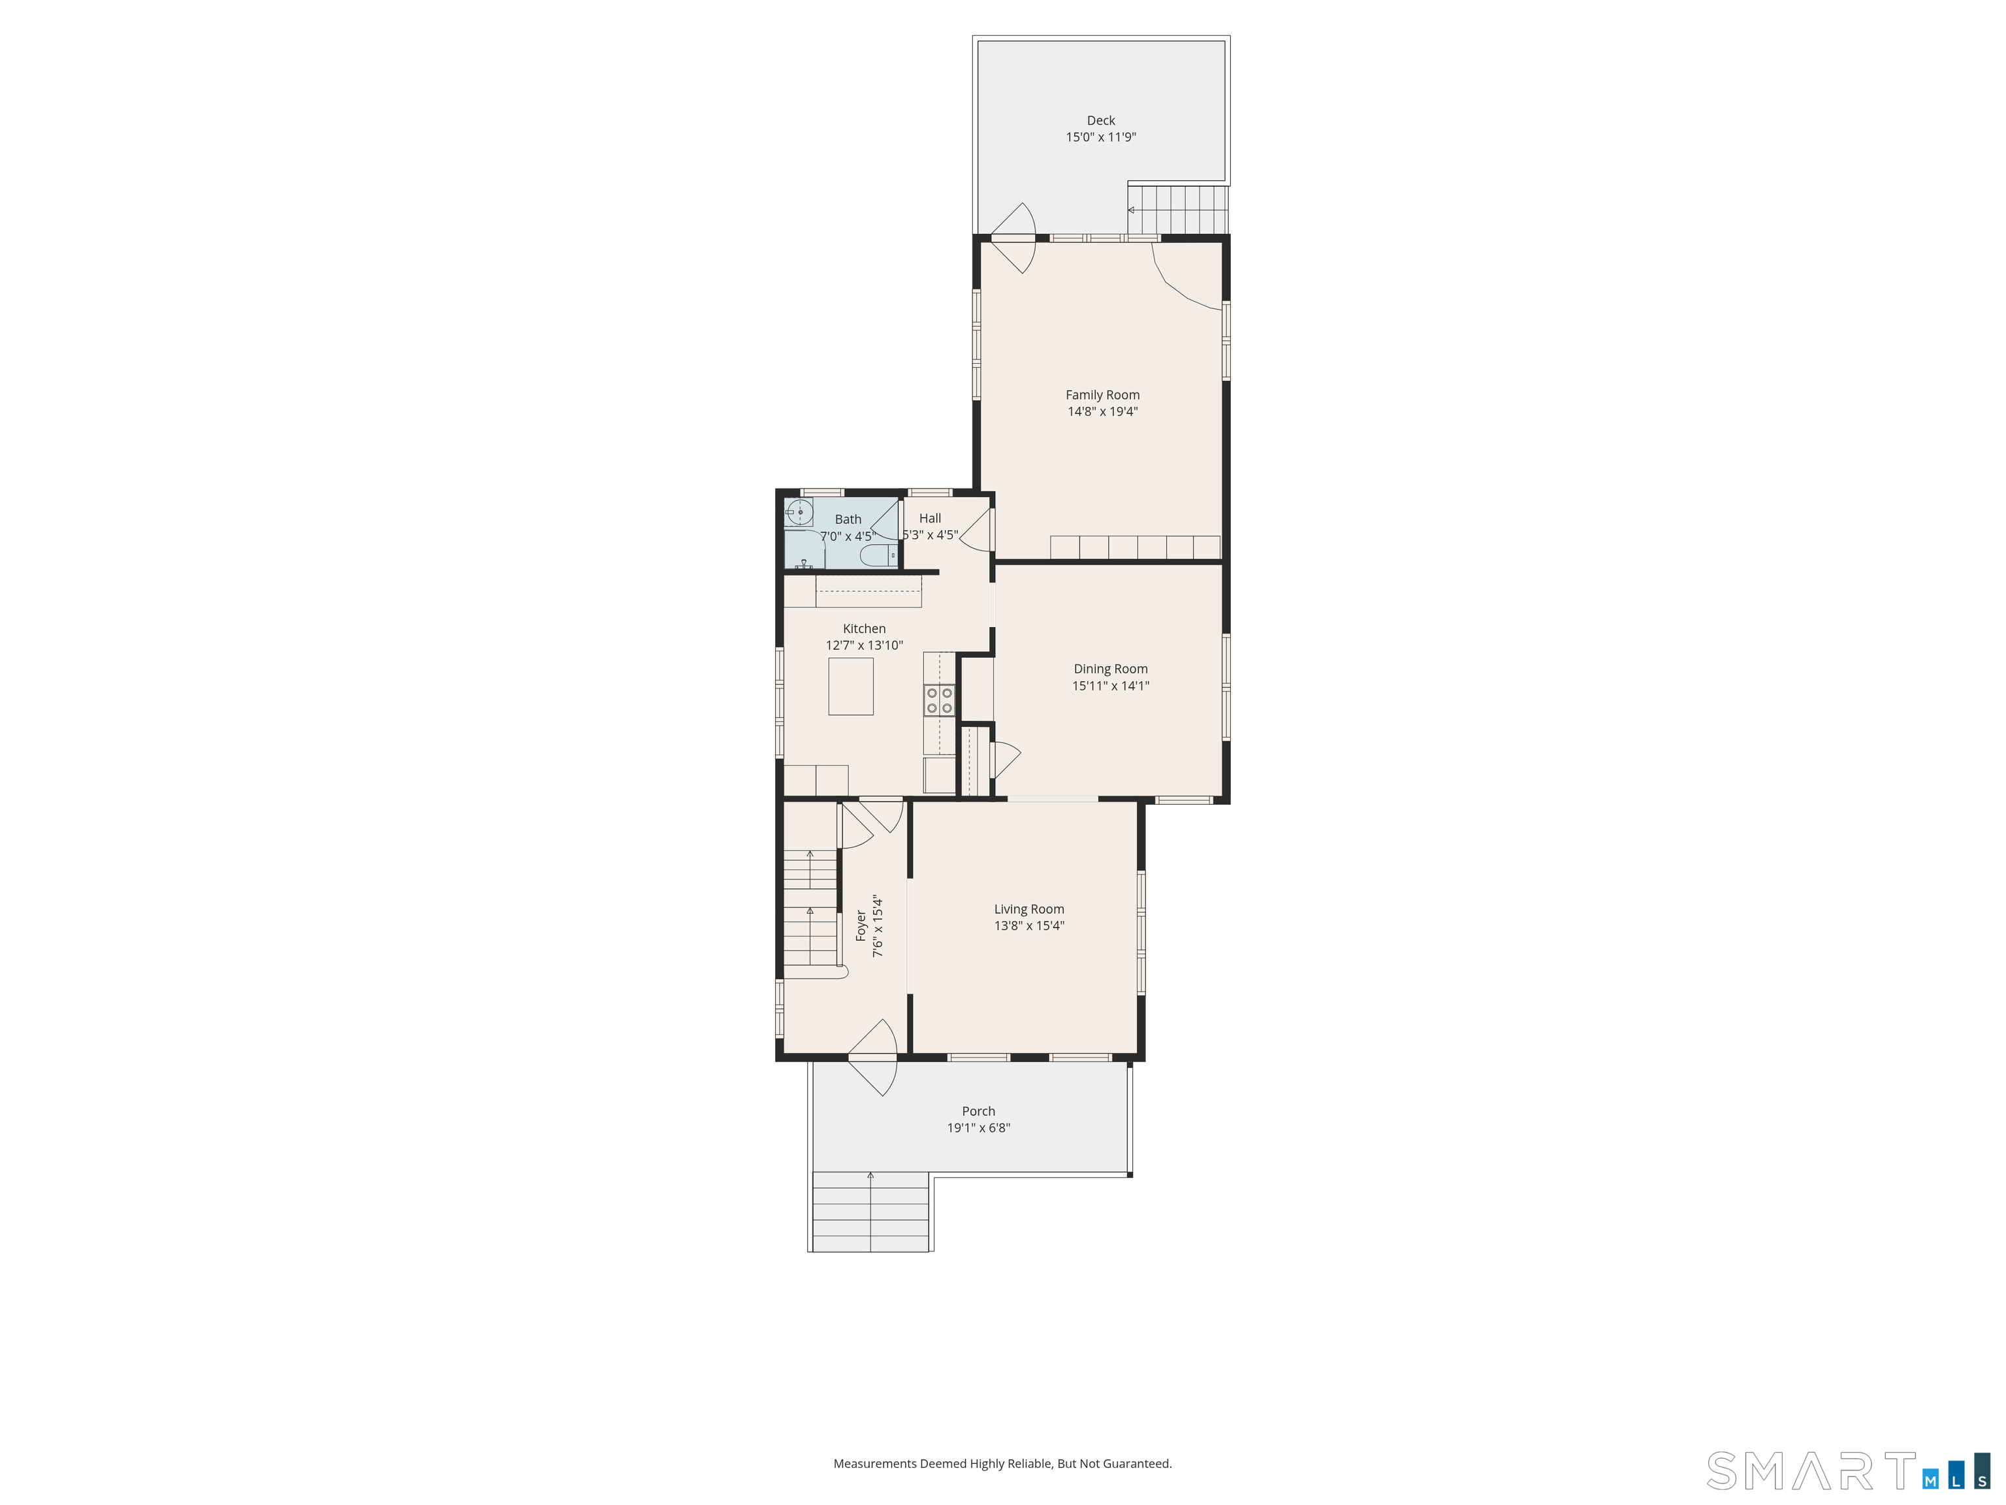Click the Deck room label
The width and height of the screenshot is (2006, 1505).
tap(1101, 121)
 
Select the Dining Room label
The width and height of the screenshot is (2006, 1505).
tap(1111, 669)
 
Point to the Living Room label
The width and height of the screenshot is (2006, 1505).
tap(1029, 909)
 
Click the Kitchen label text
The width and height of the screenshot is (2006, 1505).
tap(865, 628)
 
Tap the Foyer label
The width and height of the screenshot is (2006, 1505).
tap(861, 926)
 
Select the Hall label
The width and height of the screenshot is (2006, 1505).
tap(930, 519)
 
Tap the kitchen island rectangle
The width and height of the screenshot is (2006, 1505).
tap(851, 687)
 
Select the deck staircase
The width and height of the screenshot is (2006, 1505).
tap(1178, 210)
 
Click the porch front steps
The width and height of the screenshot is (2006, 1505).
tap(870, 1211)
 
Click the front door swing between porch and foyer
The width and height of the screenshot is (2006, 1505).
tap(873, 1058)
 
